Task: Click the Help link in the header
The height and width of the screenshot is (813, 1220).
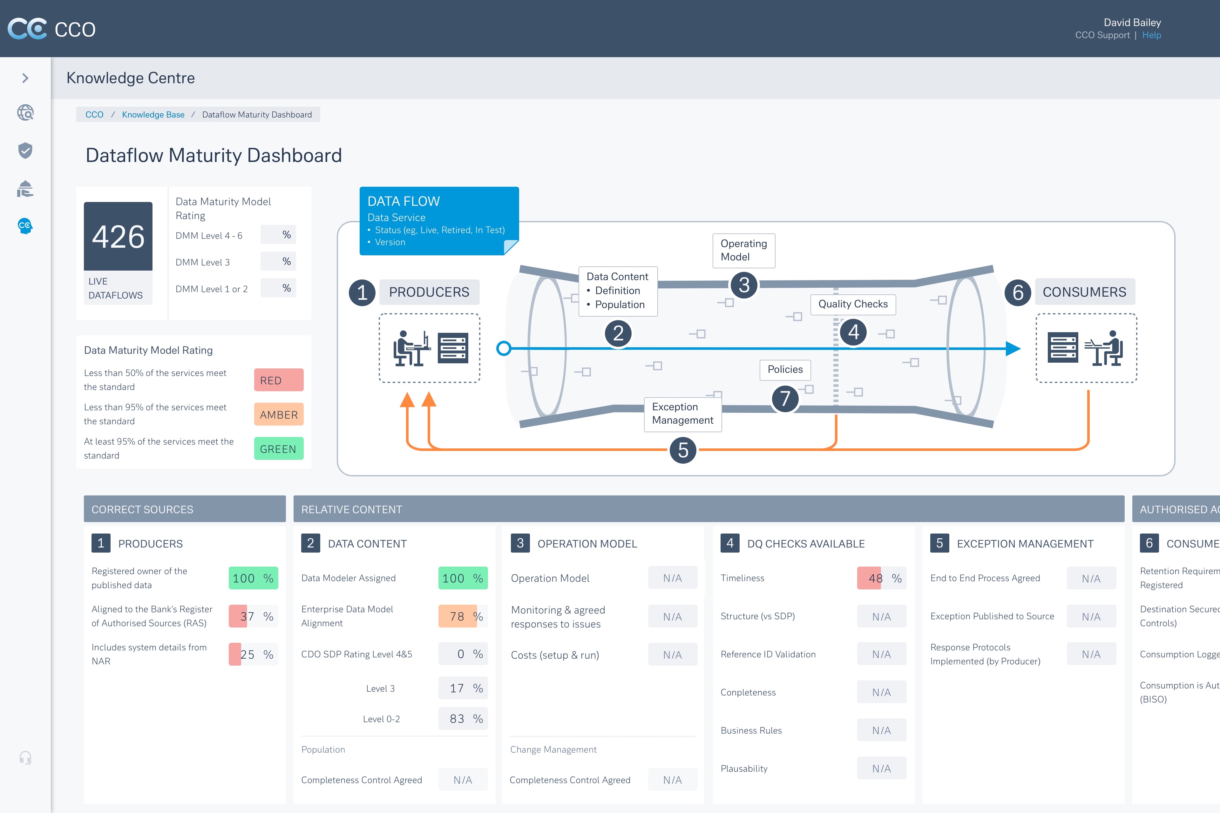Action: point(1151,35)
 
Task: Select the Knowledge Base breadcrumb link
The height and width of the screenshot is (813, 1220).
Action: point(153,115)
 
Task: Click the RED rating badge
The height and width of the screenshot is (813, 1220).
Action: point(279,380)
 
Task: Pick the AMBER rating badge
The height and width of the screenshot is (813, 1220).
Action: point(279,414)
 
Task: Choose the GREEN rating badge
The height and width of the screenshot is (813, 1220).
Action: point(279,448)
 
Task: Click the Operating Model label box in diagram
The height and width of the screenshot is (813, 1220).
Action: point(743,251)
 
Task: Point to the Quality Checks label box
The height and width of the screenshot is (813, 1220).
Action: point(853,304)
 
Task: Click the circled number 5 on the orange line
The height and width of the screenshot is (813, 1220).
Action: point(683,450)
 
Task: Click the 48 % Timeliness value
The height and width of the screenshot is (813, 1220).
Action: point(881,578)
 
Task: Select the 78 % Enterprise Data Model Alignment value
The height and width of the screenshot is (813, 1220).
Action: point(463,616)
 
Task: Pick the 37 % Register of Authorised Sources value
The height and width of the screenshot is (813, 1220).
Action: point(253,616)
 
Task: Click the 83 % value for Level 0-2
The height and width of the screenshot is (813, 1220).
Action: point(463,719)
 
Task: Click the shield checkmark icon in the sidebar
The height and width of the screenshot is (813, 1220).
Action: point(25,151)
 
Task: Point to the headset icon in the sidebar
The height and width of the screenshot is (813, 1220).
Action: point(25,758)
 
